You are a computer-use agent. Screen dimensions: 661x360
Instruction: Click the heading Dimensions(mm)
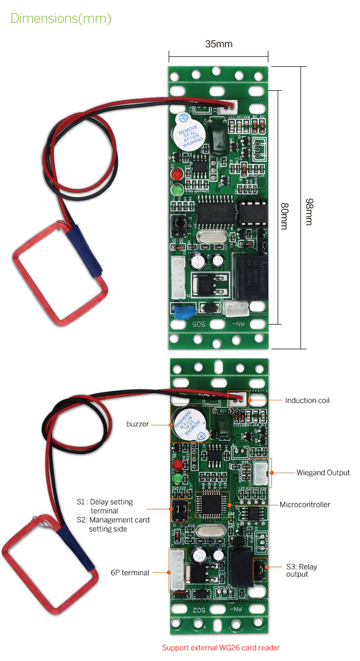click(61, 19)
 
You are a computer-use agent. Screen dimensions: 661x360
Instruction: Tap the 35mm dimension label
click(218, 44)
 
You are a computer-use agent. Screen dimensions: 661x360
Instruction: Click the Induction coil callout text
click(307, 400)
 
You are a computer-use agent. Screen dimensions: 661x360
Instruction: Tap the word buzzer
click(138, 424)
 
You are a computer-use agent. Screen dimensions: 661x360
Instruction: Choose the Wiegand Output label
click(323, 473)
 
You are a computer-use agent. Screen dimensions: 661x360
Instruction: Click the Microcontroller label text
click(305, 505)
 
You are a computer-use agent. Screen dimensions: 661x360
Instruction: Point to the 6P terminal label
click(130, 572)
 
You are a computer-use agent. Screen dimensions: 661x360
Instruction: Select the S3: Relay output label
click(301, 570)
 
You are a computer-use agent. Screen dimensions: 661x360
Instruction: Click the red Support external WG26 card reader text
click(220, 648)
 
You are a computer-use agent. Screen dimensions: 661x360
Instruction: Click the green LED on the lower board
click(178, 479)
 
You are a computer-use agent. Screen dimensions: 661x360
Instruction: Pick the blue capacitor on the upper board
click(183, 312)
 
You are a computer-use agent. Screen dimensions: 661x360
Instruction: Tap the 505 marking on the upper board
click(199, 324)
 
